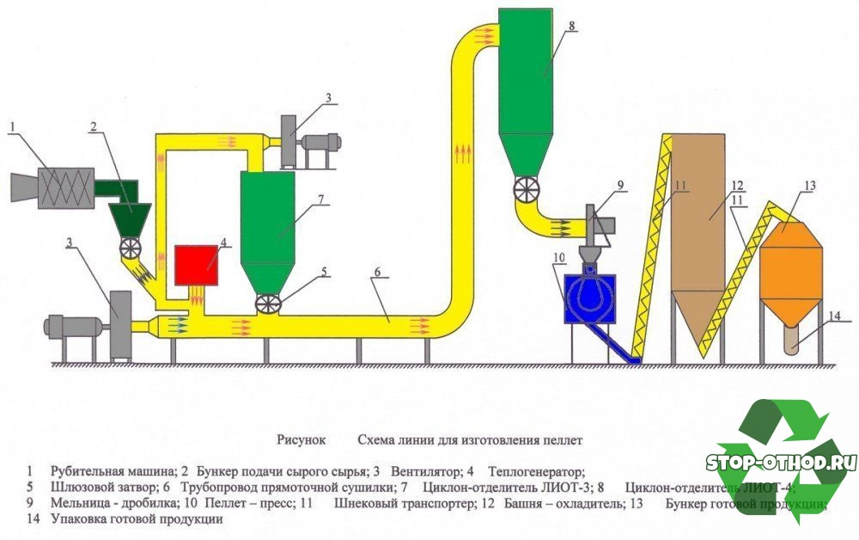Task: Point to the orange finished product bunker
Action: [x=790, y=262]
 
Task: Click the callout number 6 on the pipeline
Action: [x=375, y=272]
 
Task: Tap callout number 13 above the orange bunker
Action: [x=807, y=185]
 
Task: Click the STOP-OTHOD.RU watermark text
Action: [x=781, y=462]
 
